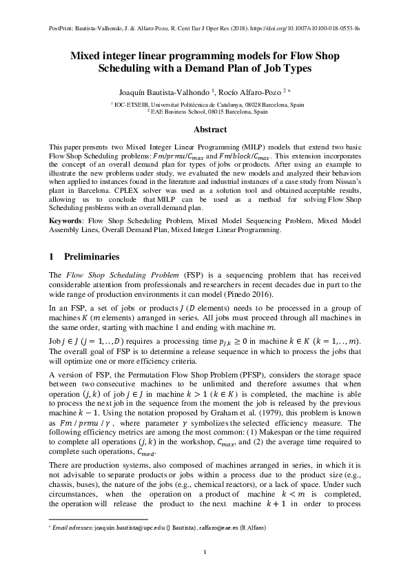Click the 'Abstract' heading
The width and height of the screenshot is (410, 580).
(x=205, y=130)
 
